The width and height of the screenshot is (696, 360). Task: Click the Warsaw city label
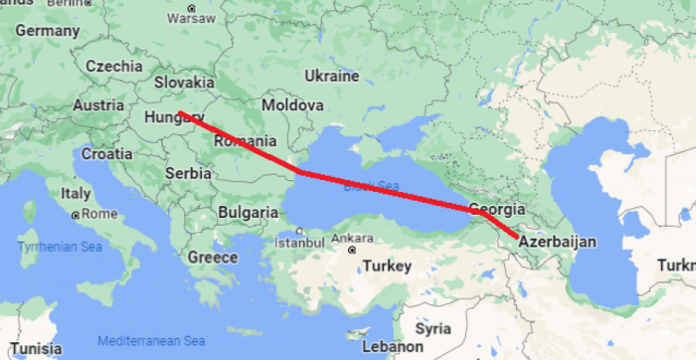[191, 18]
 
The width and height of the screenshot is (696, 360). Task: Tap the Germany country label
[47, 31]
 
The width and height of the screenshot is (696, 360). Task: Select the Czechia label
[113, 66]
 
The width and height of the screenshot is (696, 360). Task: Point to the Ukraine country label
[331, 76]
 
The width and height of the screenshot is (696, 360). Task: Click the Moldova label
[291, 104]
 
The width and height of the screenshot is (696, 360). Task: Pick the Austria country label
[98, 104]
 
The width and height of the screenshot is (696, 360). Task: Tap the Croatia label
[106, 154]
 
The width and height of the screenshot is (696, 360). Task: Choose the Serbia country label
[188, 172]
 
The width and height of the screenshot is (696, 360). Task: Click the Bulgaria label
[248, 212]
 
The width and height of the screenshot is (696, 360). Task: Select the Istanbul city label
[298, 242]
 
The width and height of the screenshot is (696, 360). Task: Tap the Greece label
[213, 258]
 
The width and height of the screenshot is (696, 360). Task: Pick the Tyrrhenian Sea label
[61, 246]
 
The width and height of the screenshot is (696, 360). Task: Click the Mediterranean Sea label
[151, 339]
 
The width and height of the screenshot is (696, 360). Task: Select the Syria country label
[433, 328]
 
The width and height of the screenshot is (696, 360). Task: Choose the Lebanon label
[393, 347]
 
